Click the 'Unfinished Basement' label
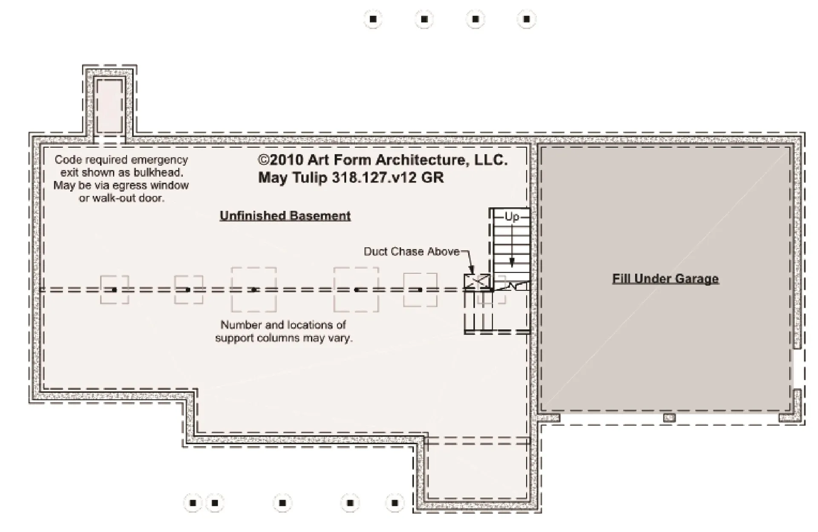coord(285,216)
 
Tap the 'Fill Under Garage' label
coord(665,279)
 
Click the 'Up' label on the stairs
coord(512,217)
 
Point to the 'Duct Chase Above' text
coord(412,252)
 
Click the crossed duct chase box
coord(476,281)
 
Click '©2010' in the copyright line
coord(280,160)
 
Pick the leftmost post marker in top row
coord(373,19)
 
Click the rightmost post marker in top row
coord(527,19)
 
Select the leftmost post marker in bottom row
coord(193,503)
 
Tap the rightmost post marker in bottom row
coord(395,503)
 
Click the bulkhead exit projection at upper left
coord(109,104)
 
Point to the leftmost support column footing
coord(114,290)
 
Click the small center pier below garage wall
coord(669,418)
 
